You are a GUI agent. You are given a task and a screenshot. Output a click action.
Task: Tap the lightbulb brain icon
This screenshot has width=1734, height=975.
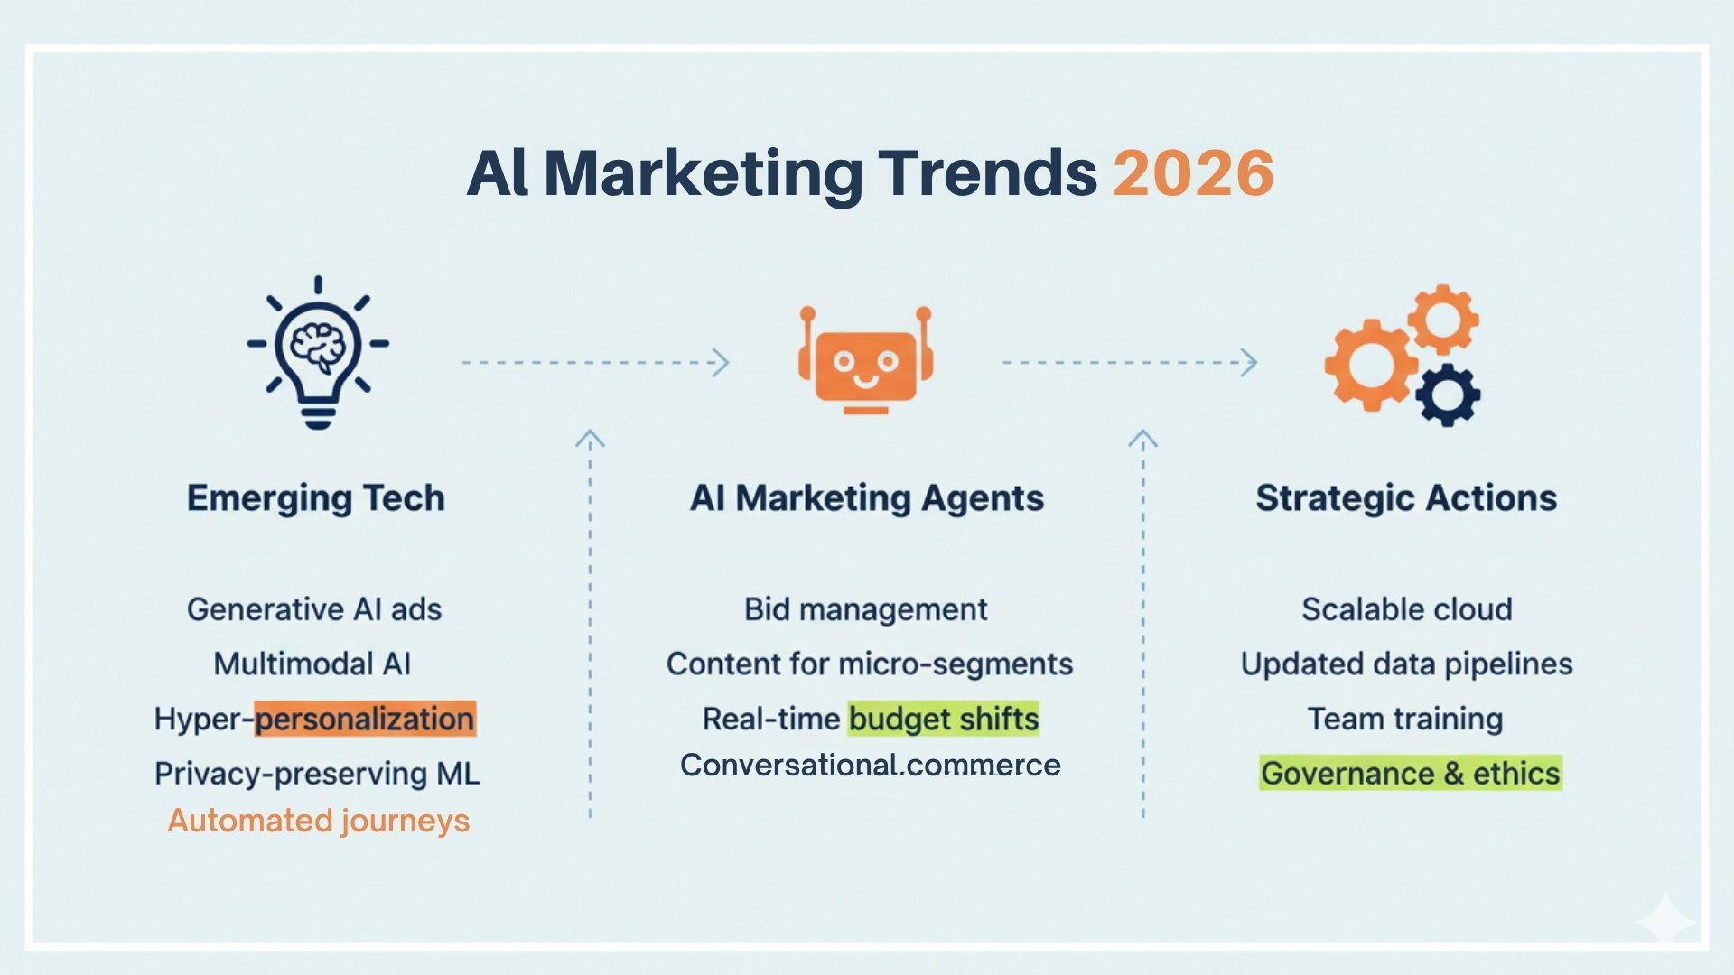pyautogui.click(x=318, y=353)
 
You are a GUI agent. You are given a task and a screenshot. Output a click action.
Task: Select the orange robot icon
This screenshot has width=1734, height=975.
pyautogui.click(x=865, y=360)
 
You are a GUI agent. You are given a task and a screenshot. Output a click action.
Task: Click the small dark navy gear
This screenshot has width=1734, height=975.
pyautogui.click(x=1448, y=395)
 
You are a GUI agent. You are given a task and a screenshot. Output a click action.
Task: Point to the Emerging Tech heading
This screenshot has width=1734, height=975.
pyautogui.click(x=316, y=498)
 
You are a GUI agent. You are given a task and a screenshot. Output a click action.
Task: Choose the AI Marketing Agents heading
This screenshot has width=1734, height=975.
pyautogui.click(x=867, y=498)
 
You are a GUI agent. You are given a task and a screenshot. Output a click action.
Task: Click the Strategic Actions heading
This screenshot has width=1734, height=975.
pyautogui.click(x=1406, y=498)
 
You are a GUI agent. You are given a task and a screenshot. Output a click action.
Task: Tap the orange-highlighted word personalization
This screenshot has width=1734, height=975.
pyautogui.click(x=365, y=720)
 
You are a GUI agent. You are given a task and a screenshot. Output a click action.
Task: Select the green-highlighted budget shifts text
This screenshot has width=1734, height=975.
pyautogui.click(x=944, y=720)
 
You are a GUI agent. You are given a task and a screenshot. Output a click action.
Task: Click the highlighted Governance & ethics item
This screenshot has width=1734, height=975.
pyautogui.click(x=1411, y=774)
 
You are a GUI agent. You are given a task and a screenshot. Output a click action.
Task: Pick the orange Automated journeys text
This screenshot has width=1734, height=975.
pyautogui.click(x=319, y=821)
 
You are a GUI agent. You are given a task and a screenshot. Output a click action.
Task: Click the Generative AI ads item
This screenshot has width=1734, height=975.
pyautogui.click(x=314, y=609)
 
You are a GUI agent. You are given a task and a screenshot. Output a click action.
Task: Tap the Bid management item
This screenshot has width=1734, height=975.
pyautogui.click(x=866, y=609)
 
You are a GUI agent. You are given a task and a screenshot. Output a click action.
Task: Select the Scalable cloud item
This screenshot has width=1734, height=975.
pyautogui.click(x=1407, y=609)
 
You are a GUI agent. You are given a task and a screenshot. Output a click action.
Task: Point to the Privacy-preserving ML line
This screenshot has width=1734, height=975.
pyautogui.click(x=317, y=774)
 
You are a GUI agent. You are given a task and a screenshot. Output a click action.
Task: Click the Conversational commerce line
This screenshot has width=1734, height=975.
pyautogui.click(x=871, y=765)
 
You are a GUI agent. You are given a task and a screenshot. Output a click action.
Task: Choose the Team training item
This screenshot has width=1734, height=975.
pyautogui.click(x=1405, y=720)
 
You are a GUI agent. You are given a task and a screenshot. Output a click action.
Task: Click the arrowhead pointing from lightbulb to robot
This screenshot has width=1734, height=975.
pyautogui.click(x=722, y=363)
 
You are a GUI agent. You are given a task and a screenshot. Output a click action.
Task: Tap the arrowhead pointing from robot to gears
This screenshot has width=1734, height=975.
pyautogui.click(x=1250, y=363)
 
